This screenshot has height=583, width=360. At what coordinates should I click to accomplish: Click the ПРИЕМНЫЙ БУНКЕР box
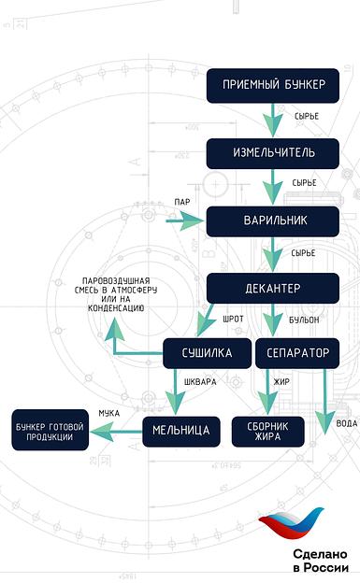273,85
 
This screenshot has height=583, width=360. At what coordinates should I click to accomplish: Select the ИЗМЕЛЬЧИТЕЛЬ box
273,152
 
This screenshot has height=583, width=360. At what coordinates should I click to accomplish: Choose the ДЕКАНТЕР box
273,288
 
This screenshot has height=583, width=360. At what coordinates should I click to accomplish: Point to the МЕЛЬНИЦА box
181,431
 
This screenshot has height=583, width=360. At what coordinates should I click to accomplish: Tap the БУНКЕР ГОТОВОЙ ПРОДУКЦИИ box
49,431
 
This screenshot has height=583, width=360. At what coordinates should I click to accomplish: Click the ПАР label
181,203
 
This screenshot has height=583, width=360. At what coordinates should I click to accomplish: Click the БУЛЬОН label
303,320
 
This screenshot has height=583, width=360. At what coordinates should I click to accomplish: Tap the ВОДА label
345,423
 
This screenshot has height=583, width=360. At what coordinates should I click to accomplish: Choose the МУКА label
108,412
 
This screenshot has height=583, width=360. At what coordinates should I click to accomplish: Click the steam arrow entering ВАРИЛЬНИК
184,221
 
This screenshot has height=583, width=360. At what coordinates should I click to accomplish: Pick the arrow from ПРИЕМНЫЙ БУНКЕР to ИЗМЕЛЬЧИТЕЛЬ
274,118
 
